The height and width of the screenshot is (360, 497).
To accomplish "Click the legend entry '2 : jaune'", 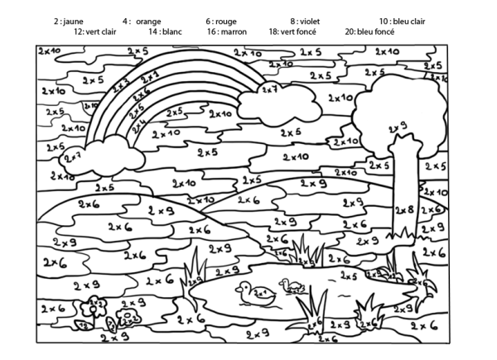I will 69,21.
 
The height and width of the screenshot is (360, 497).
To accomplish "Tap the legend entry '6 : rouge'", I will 220,21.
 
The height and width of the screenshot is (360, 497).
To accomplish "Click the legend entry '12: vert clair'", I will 94,31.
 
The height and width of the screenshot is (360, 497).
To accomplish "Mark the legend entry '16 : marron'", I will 227,31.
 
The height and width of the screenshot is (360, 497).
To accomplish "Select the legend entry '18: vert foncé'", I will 294,31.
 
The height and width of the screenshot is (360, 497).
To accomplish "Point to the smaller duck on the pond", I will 293,286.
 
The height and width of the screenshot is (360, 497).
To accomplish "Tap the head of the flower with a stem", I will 94,304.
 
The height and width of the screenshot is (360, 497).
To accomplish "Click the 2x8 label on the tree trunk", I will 404,210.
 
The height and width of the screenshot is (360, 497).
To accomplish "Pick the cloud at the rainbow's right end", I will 273,101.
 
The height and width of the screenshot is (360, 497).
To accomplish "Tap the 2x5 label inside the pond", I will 348,276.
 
